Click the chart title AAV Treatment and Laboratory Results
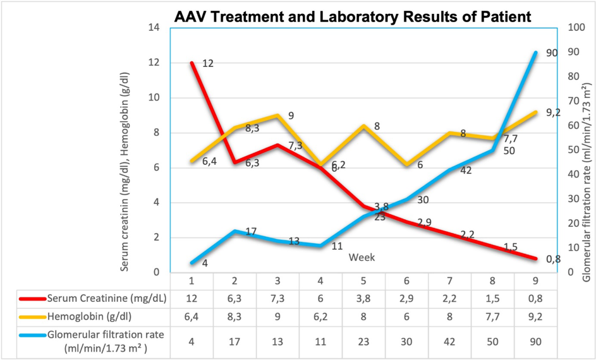(353, 16)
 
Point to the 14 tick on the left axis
(154, 28)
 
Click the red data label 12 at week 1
(208, 64)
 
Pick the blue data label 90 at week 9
(551, 54)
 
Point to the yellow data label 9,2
(554, 112)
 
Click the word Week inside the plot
(362, 257)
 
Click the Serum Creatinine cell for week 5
(362, 299)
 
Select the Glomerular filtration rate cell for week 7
(448, 340)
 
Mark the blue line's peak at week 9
(536, 52)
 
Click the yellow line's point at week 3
(277, 116)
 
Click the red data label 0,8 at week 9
(554, 258)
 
